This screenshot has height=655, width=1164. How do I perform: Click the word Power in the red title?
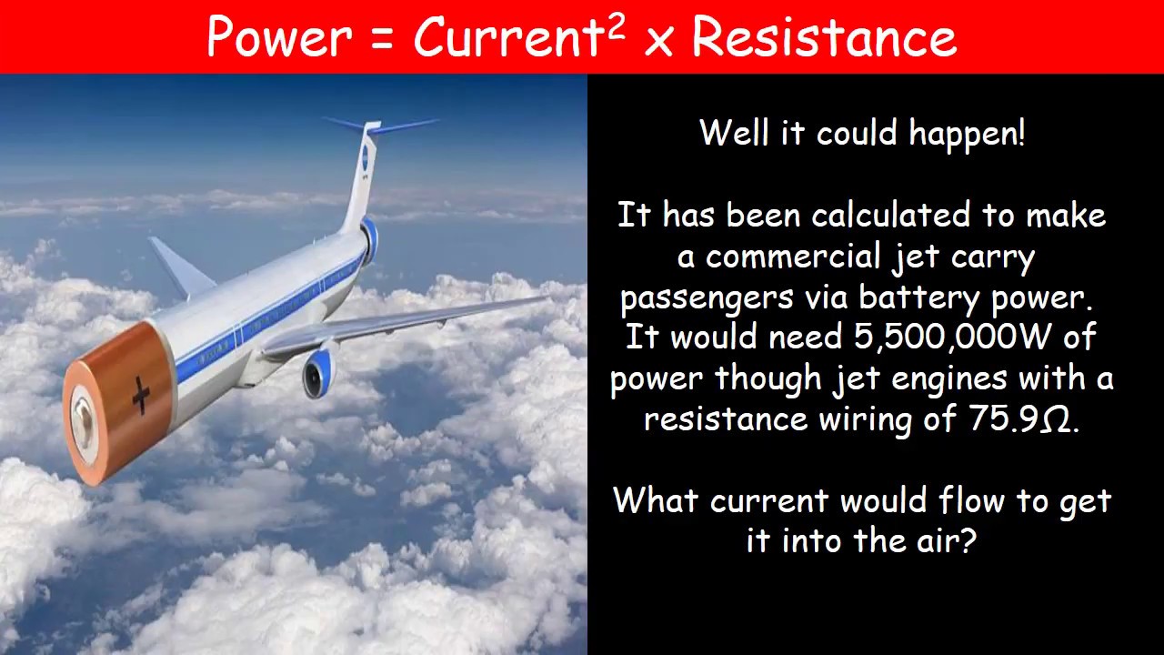278,38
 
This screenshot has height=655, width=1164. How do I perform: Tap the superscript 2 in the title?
616,26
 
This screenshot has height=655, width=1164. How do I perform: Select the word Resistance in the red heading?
824,38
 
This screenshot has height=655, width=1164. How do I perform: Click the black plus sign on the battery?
141,396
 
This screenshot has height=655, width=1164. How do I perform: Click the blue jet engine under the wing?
318,372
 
